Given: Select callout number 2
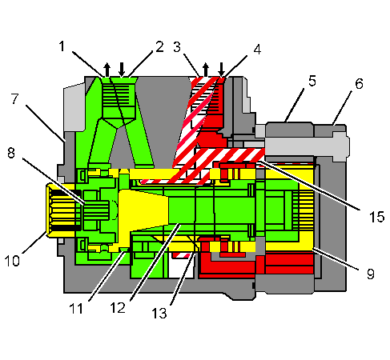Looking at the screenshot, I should coord(159,46).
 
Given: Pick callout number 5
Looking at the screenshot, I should coord(311,80).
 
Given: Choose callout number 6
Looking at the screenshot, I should coord(359,83).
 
